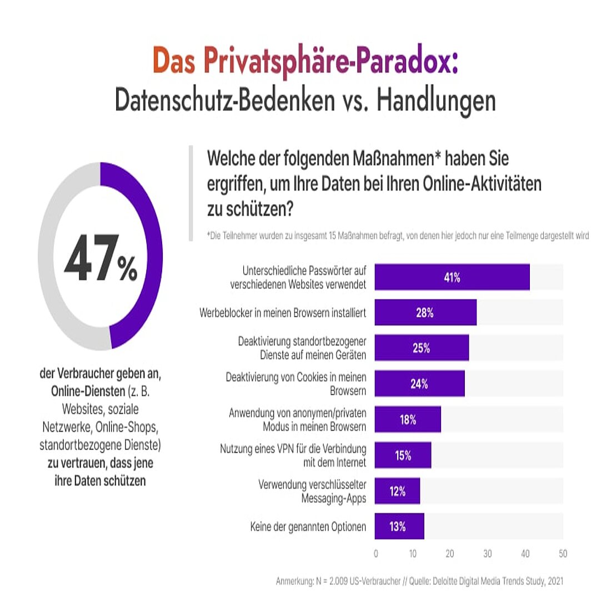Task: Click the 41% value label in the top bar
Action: [452, 278]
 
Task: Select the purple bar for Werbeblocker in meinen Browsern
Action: [425, 313]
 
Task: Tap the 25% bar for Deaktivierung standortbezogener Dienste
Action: [421, 348]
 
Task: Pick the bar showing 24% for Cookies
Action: [419, 384]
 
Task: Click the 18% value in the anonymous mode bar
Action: [408, 420]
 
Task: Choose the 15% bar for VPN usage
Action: [403, 455]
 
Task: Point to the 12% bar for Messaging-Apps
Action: [397, 491]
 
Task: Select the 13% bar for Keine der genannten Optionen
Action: [398, 527]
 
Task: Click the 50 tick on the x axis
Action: [563, 554]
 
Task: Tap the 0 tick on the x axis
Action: [376, 554]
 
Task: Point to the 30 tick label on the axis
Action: [487, 554]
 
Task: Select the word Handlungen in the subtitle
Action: [436, 101]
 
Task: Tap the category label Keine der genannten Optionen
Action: [308, 527]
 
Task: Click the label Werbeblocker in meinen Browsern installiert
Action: [283, 313]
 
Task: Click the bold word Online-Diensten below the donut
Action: [88, 391]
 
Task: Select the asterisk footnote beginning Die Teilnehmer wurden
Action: [397, 236]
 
